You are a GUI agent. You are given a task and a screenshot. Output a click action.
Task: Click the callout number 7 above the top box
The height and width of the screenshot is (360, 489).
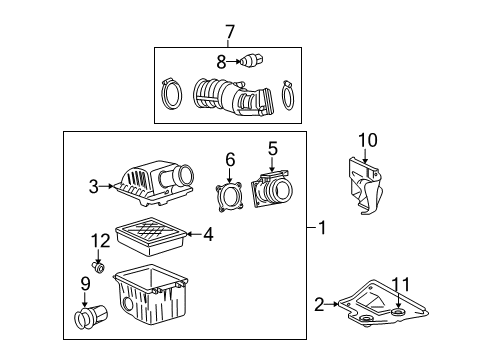coord(230,32)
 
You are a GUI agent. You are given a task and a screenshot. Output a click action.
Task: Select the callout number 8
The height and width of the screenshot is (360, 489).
coord(221,62)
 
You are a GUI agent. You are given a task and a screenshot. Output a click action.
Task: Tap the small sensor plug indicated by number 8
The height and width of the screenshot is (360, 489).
coord(253,60)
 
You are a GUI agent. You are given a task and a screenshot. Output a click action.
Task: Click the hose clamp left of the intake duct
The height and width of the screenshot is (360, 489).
coord(171,94)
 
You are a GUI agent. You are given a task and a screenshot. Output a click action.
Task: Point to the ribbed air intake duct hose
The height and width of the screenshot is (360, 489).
coord(233,98)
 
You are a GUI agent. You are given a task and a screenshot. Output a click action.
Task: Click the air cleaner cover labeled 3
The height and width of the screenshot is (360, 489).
coord(154,183)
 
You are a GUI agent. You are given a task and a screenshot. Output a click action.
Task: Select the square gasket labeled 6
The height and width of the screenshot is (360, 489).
coord(229,197)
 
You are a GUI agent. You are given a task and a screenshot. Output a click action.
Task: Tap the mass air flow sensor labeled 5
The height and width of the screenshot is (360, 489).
coord(272,189)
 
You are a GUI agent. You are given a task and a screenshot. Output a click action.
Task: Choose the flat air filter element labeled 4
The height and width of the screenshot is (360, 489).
coord(151,236)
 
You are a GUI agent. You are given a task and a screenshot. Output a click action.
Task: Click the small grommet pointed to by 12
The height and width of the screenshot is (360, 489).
coord(98,267)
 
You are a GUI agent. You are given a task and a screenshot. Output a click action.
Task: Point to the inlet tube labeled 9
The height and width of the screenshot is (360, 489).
coord(91,317)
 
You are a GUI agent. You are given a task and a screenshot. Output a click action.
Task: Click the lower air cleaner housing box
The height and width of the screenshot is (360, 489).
coord(151,295)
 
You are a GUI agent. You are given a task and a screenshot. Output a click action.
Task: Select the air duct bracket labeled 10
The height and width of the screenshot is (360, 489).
coord(365,186)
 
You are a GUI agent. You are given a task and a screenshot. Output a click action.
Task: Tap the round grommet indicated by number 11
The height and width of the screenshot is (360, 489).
coord(398,312)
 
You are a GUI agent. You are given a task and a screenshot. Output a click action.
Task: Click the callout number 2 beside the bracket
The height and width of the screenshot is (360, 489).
coord(319,304)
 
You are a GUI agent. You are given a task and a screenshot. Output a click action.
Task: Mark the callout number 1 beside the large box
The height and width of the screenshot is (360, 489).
coord(322,228)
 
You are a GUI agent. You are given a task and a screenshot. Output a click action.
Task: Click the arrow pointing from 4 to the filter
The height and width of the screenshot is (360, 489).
coord(194,234)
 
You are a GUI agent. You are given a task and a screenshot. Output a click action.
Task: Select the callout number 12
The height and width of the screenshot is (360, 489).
coord(100,241)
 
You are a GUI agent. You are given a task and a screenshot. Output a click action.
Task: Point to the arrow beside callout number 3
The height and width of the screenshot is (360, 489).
coord(107,186)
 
